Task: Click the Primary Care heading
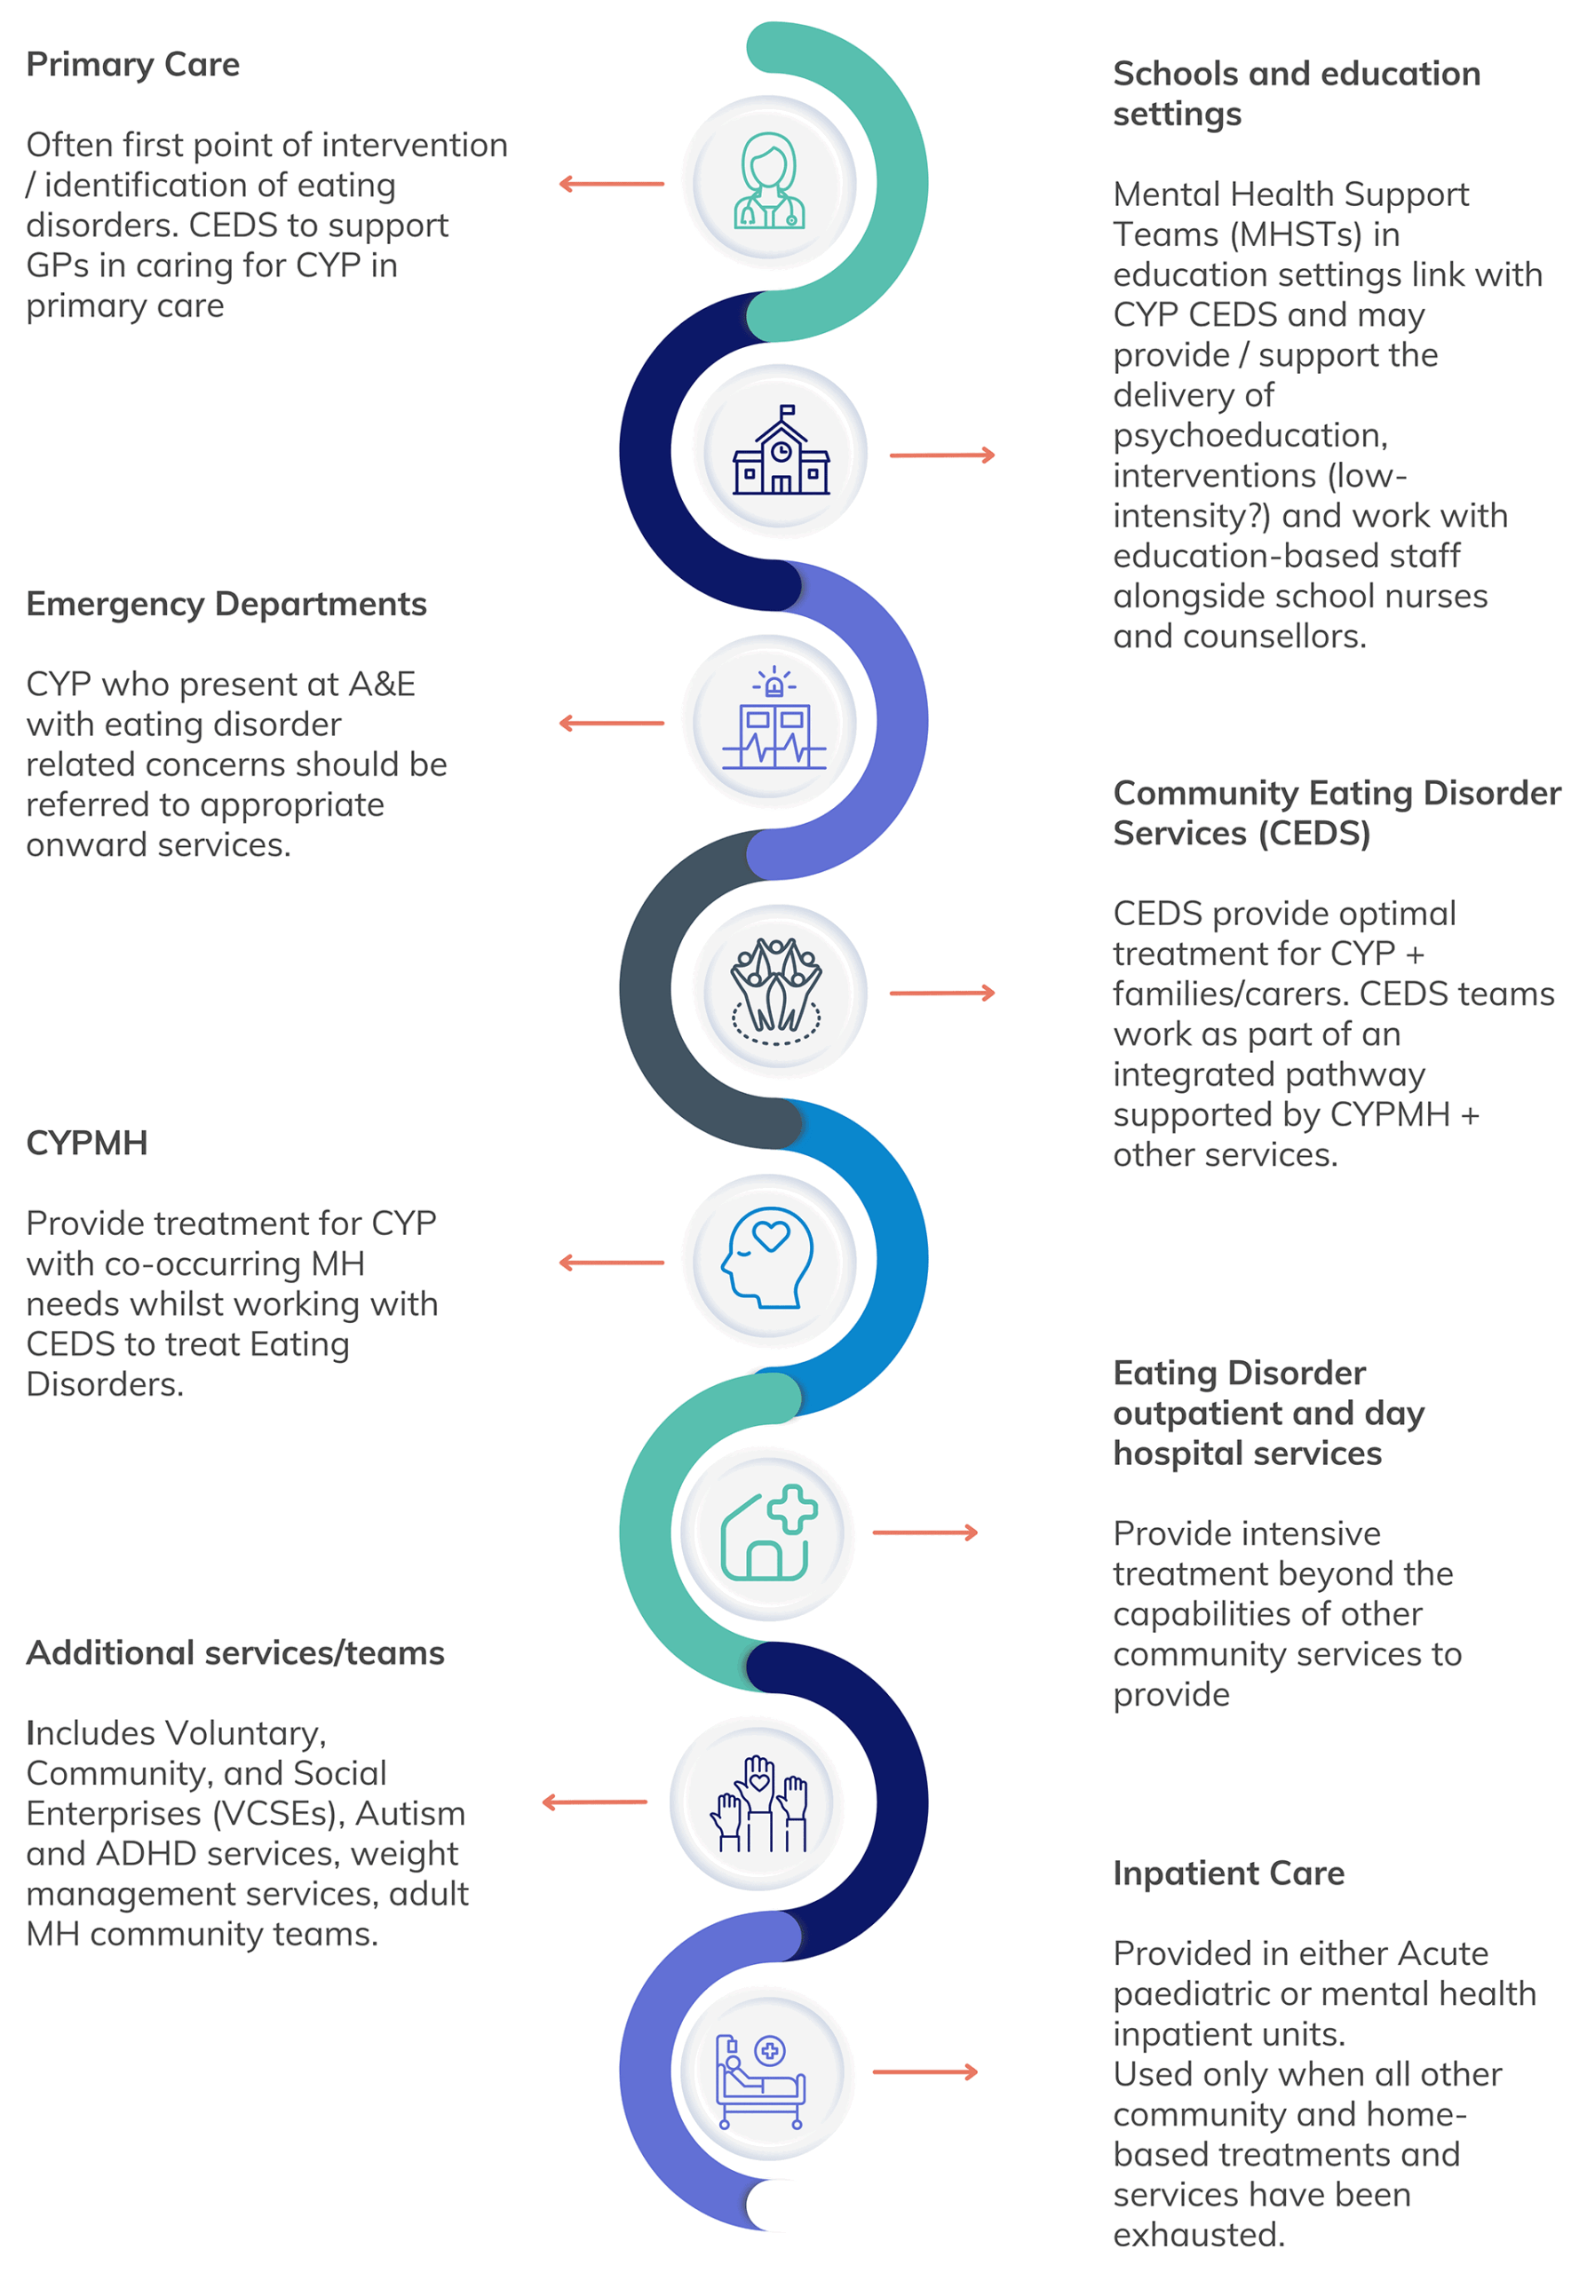132,64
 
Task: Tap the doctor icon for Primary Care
768,182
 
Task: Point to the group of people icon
776,990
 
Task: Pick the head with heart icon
768,1258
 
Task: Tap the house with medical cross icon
768,1532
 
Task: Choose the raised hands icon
758,1802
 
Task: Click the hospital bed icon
760,2072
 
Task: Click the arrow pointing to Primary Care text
611,184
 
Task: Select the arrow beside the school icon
941,455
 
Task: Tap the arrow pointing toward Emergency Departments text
611,724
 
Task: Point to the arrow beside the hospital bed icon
924,2072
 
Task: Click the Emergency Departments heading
226,604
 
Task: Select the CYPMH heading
87,1143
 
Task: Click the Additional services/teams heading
234,1653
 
